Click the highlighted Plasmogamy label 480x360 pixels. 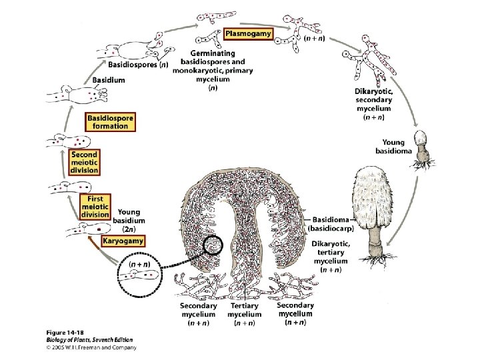pyautogui.click(x=248, y=33)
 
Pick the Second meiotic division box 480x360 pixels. pyautogui.click(x=85, y=162)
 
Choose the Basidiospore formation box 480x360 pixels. pyautogui.click(x=110, y=122)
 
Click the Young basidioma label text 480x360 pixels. pyautogui.click(x=398, y=146)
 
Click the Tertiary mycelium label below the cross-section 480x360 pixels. pyautogui.click(x=243, y=314)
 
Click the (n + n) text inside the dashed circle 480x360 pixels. pyautogui.click(x=139, y=265)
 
